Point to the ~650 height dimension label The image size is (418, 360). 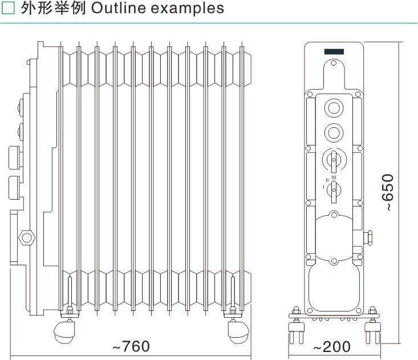click(x=388, y=193)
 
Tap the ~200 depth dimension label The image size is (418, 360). click(x=332, y=346)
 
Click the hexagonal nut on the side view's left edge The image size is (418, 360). click(x=26, y=236)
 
